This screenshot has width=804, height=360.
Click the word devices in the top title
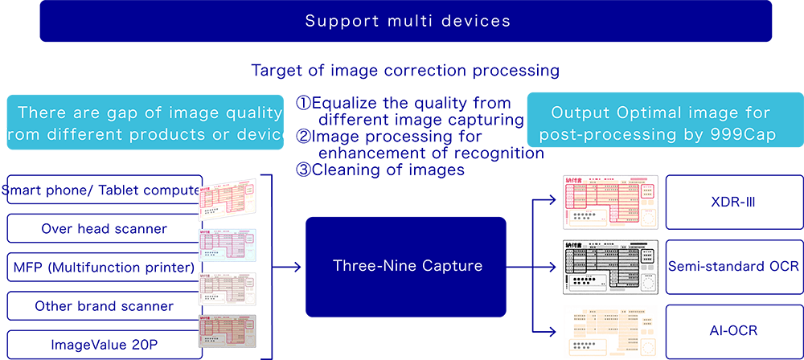tap(479, 21)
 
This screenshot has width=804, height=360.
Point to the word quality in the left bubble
tap(252, 112)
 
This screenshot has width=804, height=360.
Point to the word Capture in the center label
tap(449, 264)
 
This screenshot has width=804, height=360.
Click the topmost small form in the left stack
tap(228, 201)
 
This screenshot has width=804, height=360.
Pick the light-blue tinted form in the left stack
tap(228, 244)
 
